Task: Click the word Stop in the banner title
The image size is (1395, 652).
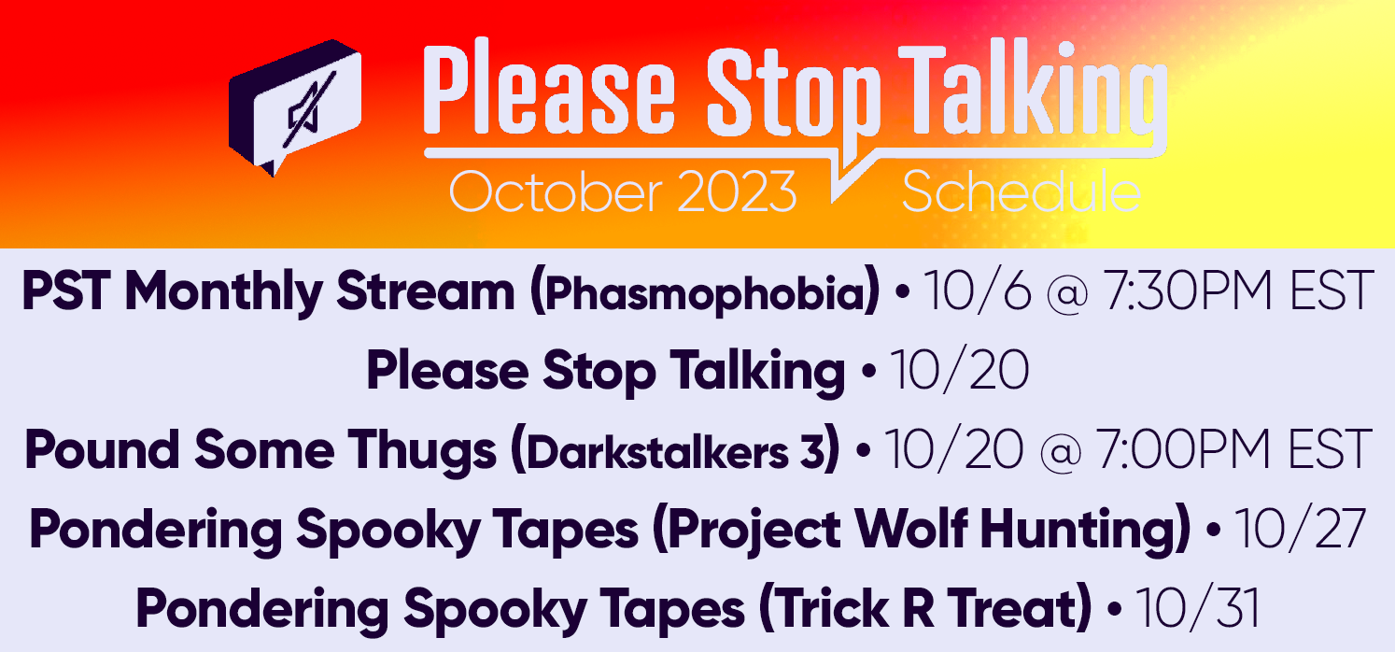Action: click(x=793, y=93)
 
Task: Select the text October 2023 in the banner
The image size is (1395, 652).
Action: click(x=622, y=192)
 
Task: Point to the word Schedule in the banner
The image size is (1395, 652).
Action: click(x=1022, y=192)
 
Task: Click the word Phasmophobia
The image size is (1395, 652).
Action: click(x=705, y=291)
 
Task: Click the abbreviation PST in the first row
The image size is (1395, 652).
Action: click(x=66, y=291)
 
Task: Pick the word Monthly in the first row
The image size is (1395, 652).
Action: click(x=223, y=291)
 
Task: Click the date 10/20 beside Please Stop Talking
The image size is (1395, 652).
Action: click(x=960, y=369)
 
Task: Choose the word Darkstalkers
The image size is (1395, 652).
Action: click(x=657, y=451)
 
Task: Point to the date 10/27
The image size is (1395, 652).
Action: click(x=1301, y=529)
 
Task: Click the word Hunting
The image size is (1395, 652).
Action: click(x=1080, y=531)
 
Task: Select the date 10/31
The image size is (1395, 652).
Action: click(x=1197, y=608)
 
